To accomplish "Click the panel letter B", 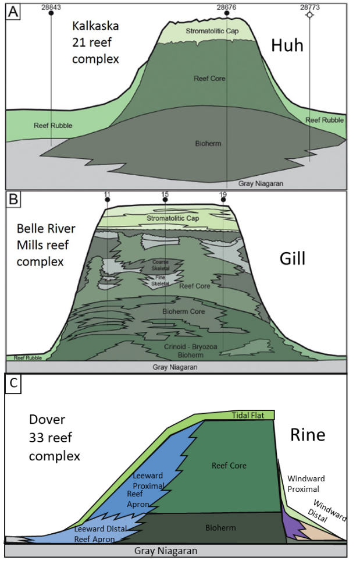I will point(12,201).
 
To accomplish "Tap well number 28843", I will point(51,6).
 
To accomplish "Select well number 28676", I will point(226,6).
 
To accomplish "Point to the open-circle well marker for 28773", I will point(309,14).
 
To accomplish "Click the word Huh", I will point(287,45).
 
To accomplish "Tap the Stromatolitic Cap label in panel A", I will point(211,30).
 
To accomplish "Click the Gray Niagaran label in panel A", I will point(261,183).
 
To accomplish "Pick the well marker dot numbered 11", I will point(107,200).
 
